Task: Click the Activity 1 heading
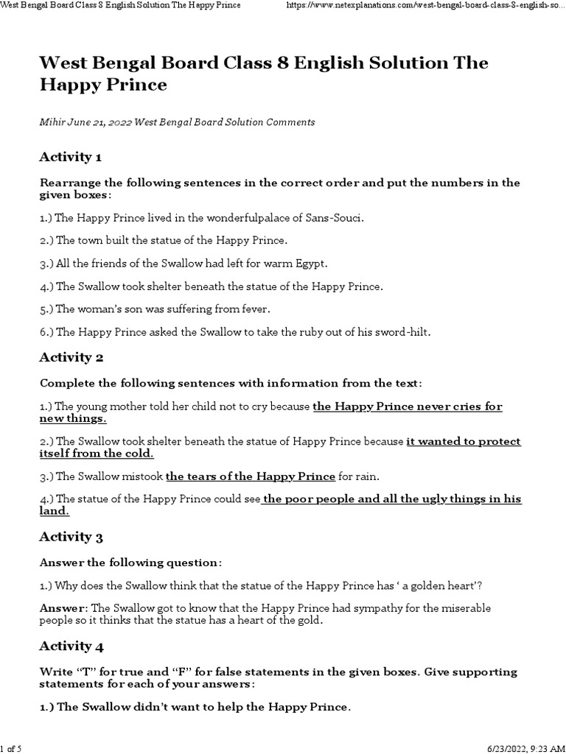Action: (70, 157)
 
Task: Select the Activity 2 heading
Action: (71, 358)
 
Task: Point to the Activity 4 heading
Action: (71, 646)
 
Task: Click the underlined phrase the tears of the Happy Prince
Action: (251, 476)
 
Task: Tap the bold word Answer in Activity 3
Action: (63, 608)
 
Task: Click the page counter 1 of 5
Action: (13, 748)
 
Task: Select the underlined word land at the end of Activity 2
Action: (53, 511)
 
